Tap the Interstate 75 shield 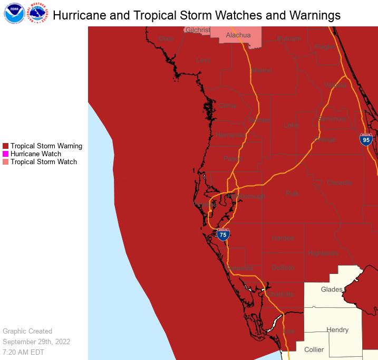coord(223,234)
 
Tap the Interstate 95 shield coord(366,139)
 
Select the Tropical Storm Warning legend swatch coord(6,146)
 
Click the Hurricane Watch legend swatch coord(6,154)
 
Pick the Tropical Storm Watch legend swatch coord(6,162)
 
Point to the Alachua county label coord(238,35)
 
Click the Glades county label coord(332,289)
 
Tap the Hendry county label coord(337,330)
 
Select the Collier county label coord(314,349)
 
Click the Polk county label coord(292,194)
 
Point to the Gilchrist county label coord(198,30)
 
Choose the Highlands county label coord(323,253)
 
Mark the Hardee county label coord(283,238)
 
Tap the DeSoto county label coord(283,268)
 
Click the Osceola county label coord(340,183)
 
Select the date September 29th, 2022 coord(36,342)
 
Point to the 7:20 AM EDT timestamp coord(24,352)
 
